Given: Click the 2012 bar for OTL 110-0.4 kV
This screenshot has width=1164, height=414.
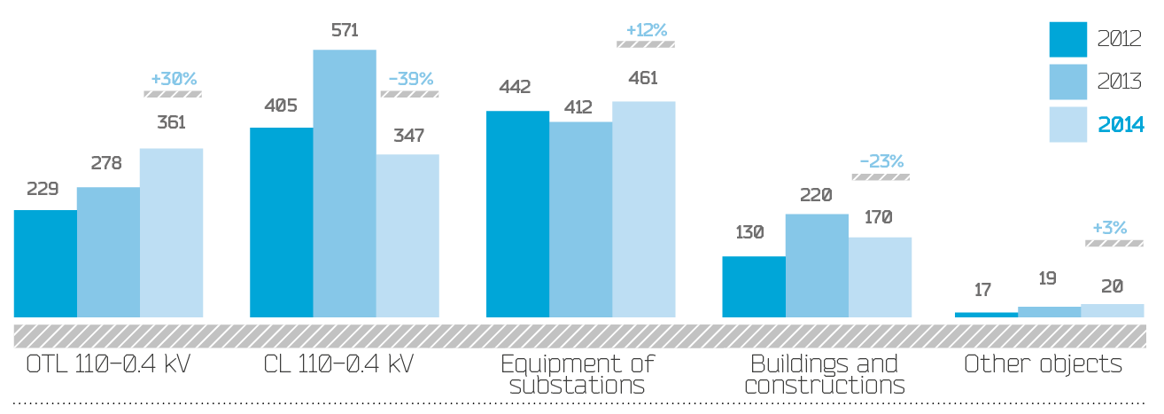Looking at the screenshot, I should coord(44,263).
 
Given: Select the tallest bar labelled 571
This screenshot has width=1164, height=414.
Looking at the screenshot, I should coord(345,184).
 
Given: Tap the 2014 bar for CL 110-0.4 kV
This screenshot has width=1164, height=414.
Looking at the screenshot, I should coord(407,236).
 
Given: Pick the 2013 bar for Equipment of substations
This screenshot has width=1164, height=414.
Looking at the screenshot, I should coord(580,219).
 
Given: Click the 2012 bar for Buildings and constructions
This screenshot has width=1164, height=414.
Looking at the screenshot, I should coord(753,286).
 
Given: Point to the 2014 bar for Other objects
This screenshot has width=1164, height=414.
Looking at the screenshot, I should coord(1113,310).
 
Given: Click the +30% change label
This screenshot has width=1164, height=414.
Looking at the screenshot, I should coord(173,79).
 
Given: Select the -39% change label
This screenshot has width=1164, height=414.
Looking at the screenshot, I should coord(410,79).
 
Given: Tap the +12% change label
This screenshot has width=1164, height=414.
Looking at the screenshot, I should coord(647,29).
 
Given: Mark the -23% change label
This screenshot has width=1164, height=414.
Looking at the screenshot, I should coord(881,161).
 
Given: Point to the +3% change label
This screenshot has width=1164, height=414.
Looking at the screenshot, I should coord(1110,228).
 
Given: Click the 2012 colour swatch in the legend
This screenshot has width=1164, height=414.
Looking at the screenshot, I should coord(1067,40).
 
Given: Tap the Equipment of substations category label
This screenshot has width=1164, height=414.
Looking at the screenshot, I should coord(578,374).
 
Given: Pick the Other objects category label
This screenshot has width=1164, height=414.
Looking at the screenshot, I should coord(1043,364).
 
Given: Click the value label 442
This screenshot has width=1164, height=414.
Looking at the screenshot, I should coord(515,87).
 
